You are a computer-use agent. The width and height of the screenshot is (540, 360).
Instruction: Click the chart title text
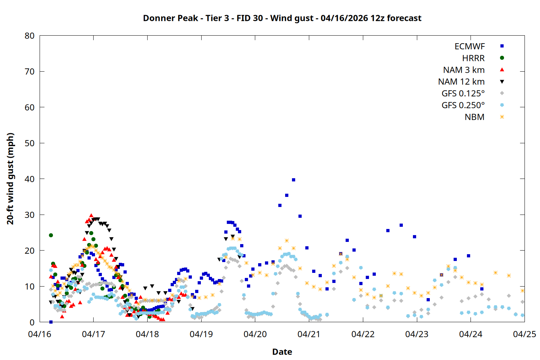(282, 18)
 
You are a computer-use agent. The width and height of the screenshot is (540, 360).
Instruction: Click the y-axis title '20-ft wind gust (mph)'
(10, 179)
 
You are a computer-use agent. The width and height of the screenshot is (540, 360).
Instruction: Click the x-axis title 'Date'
(282, 352)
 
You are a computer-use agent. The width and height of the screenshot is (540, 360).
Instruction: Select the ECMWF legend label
(469, 46)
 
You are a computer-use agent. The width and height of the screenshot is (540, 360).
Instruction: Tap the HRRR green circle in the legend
(502, 58)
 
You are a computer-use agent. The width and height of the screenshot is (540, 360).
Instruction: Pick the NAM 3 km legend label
(464, 70)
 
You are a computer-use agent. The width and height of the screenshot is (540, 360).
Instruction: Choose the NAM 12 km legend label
(461, 82)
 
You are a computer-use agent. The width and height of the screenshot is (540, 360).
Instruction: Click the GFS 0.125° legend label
(463, 94)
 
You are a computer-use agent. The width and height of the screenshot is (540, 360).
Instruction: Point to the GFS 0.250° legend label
(463, 105)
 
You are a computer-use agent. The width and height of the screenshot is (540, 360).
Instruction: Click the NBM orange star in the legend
(502, 117)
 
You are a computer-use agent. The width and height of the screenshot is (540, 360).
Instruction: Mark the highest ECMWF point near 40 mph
(293, 180)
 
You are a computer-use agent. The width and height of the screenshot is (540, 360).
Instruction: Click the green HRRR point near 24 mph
(51, 235)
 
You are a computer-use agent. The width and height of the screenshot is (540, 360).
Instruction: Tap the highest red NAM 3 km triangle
(91, 215)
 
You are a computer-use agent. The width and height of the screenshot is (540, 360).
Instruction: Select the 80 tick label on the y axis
(30, 36)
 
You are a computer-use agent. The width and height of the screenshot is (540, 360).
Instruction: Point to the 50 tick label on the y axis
(30, 143)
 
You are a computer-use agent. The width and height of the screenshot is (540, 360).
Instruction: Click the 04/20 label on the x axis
(255, 334)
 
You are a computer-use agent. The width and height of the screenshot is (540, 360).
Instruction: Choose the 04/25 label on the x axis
(524, 334)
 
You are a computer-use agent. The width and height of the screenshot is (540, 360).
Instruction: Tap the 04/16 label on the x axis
(40, 334)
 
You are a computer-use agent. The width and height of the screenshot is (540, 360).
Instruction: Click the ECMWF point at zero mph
(51, 322)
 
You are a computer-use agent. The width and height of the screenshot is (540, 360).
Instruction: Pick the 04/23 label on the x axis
(417, 334)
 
